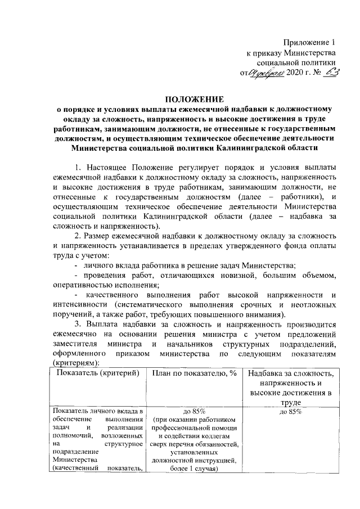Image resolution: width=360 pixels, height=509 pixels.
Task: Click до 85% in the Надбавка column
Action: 291,412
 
